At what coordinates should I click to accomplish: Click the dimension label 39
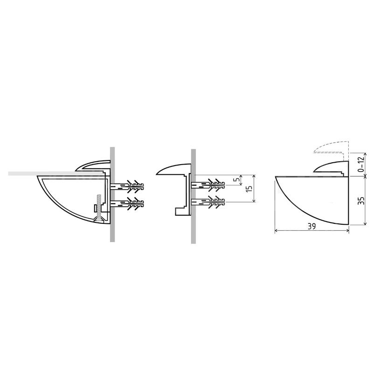point(312,226)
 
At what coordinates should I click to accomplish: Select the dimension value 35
point(361,200)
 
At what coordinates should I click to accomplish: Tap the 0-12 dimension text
point(361,165)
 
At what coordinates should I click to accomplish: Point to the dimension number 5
point(237,180)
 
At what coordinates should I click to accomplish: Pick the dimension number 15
point(249,188)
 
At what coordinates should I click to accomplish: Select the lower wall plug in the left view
point(127,204)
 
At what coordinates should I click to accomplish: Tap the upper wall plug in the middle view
point(208,185)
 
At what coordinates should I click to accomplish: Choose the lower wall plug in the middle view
point(208,202)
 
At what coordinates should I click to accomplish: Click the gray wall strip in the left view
point(112,194)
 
